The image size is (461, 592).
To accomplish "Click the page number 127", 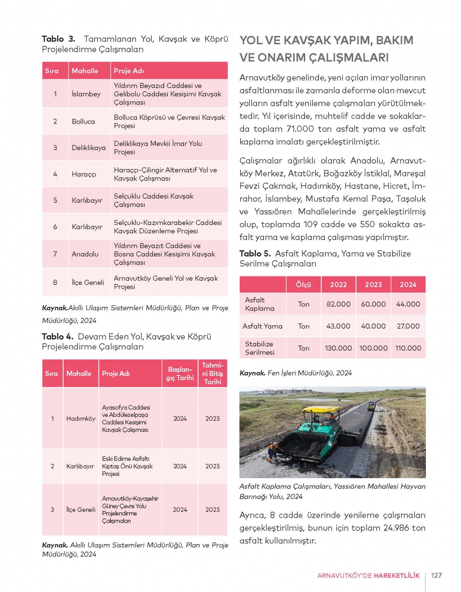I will point(436,575).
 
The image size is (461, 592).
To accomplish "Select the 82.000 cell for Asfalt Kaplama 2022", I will point(338,304).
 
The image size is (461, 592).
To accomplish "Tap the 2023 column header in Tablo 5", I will point(373,285).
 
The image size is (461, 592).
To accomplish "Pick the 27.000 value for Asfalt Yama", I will point(408,326).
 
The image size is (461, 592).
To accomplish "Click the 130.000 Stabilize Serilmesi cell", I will point(338,348).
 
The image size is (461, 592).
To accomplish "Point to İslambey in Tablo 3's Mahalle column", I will point(86,94).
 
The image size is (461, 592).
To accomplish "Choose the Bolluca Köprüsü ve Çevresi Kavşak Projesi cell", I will point(169,122).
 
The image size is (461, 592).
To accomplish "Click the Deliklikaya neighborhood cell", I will point(89,148).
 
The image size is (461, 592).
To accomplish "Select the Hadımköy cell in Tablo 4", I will point(81,419).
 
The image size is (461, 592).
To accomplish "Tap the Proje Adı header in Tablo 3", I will point(129,71).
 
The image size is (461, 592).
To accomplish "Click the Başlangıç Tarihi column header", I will point(180,374).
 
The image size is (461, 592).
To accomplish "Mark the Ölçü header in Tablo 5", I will point(303,285).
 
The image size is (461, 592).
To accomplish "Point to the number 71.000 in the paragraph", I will point(300,129).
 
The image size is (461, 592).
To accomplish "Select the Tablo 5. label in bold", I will point(255,253).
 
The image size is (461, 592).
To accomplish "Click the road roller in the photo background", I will point(371,406).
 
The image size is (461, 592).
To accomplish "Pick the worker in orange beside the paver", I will point(273,451).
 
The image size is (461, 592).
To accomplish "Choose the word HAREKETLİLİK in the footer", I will point(396,575).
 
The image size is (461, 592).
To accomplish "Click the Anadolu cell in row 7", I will point(85,254).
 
